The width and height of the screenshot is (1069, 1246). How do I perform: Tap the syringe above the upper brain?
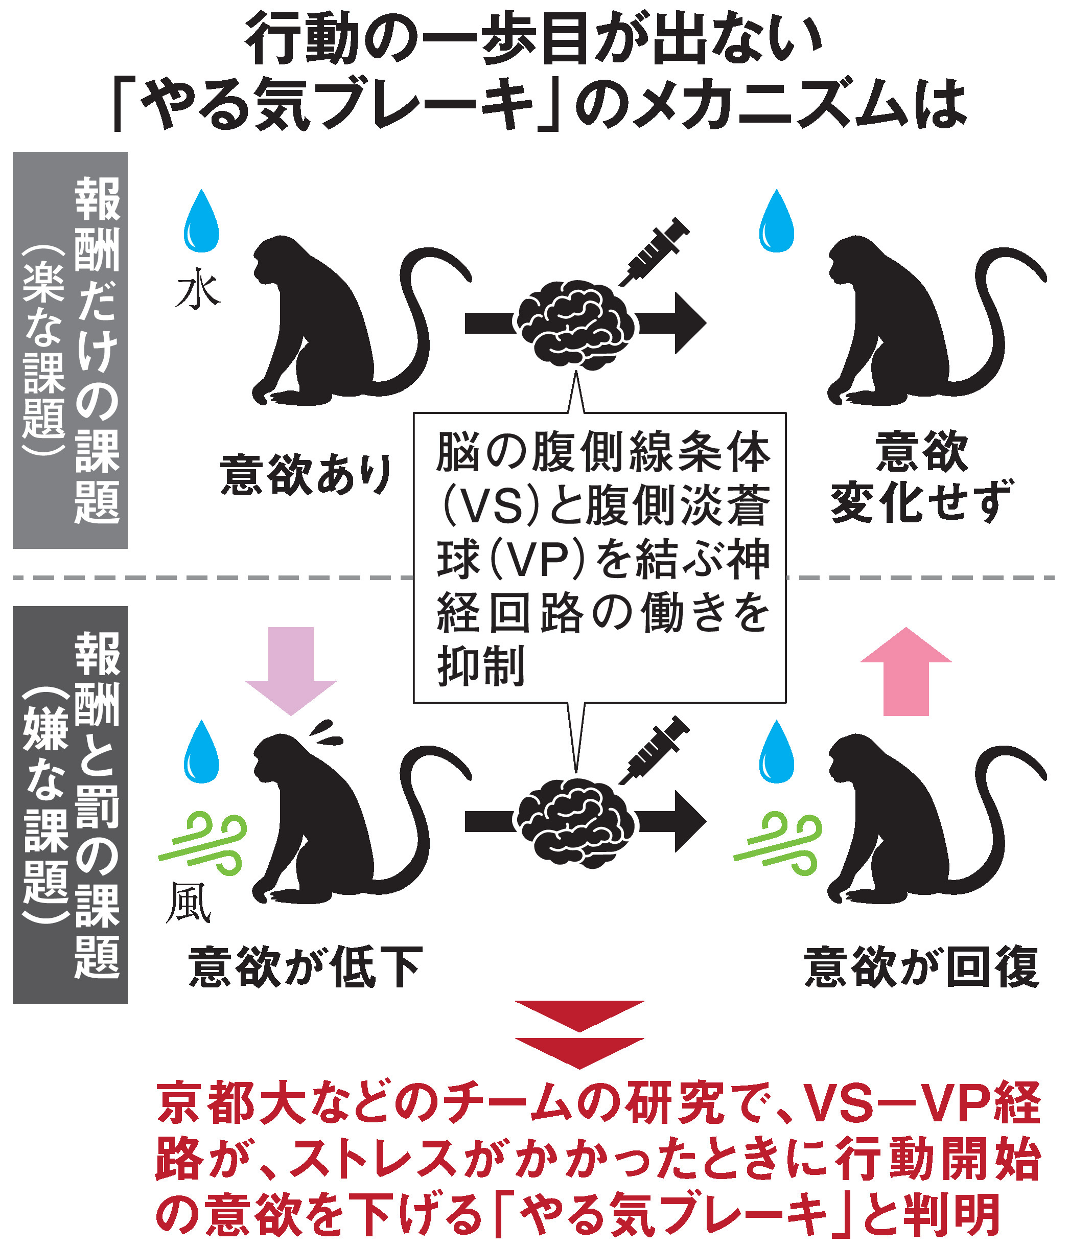point(654,251)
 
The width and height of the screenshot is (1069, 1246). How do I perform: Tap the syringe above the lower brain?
point(654,749)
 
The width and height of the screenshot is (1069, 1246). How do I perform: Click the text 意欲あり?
point(306,475)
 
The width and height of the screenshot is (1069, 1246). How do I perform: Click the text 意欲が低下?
point(306,967)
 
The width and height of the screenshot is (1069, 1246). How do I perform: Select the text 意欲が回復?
point(921,967)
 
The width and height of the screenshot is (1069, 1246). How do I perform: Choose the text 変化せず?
point(921,501)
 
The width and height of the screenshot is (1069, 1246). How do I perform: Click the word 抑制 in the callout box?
point(481,666)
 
